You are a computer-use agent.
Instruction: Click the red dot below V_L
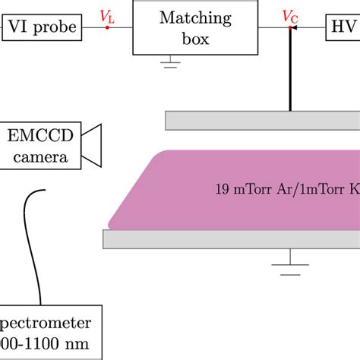pyautogui.click(x=107, y=27)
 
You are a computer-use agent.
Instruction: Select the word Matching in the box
pyautogui.click(x=184, y=19)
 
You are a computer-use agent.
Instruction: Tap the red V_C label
pyautogui.click(x=289, y=14)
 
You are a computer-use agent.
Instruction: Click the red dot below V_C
pyautogui.click(x=289, y=27)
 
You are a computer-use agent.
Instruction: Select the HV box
pyautogui.click(x=343, y=27)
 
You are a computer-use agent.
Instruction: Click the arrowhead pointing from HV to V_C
pyautogui.click(x=295, y=27)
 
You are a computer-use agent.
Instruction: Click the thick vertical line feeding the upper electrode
pyautogui.click(x=289, y=72)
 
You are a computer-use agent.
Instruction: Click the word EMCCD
pyautogui.click(x=43, y=137)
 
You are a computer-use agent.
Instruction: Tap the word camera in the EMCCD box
pyautogui.click(x=43, y=157)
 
